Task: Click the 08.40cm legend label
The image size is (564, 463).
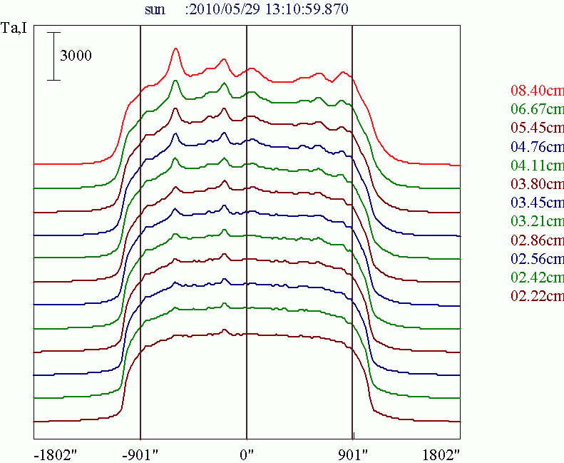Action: (537, 91)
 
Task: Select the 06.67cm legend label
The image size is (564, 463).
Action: (537, 109)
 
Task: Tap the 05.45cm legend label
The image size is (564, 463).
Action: (537, 128)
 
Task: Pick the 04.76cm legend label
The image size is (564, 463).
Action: (537, 146)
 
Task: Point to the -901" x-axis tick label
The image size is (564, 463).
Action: (140, 454)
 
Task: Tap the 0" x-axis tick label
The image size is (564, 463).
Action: (247, 454)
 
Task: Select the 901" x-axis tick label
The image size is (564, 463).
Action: (353, 454)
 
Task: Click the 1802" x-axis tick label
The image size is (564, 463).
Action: (439, 454)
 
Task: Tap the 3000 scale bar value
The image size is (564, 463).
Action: (76, 56)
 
